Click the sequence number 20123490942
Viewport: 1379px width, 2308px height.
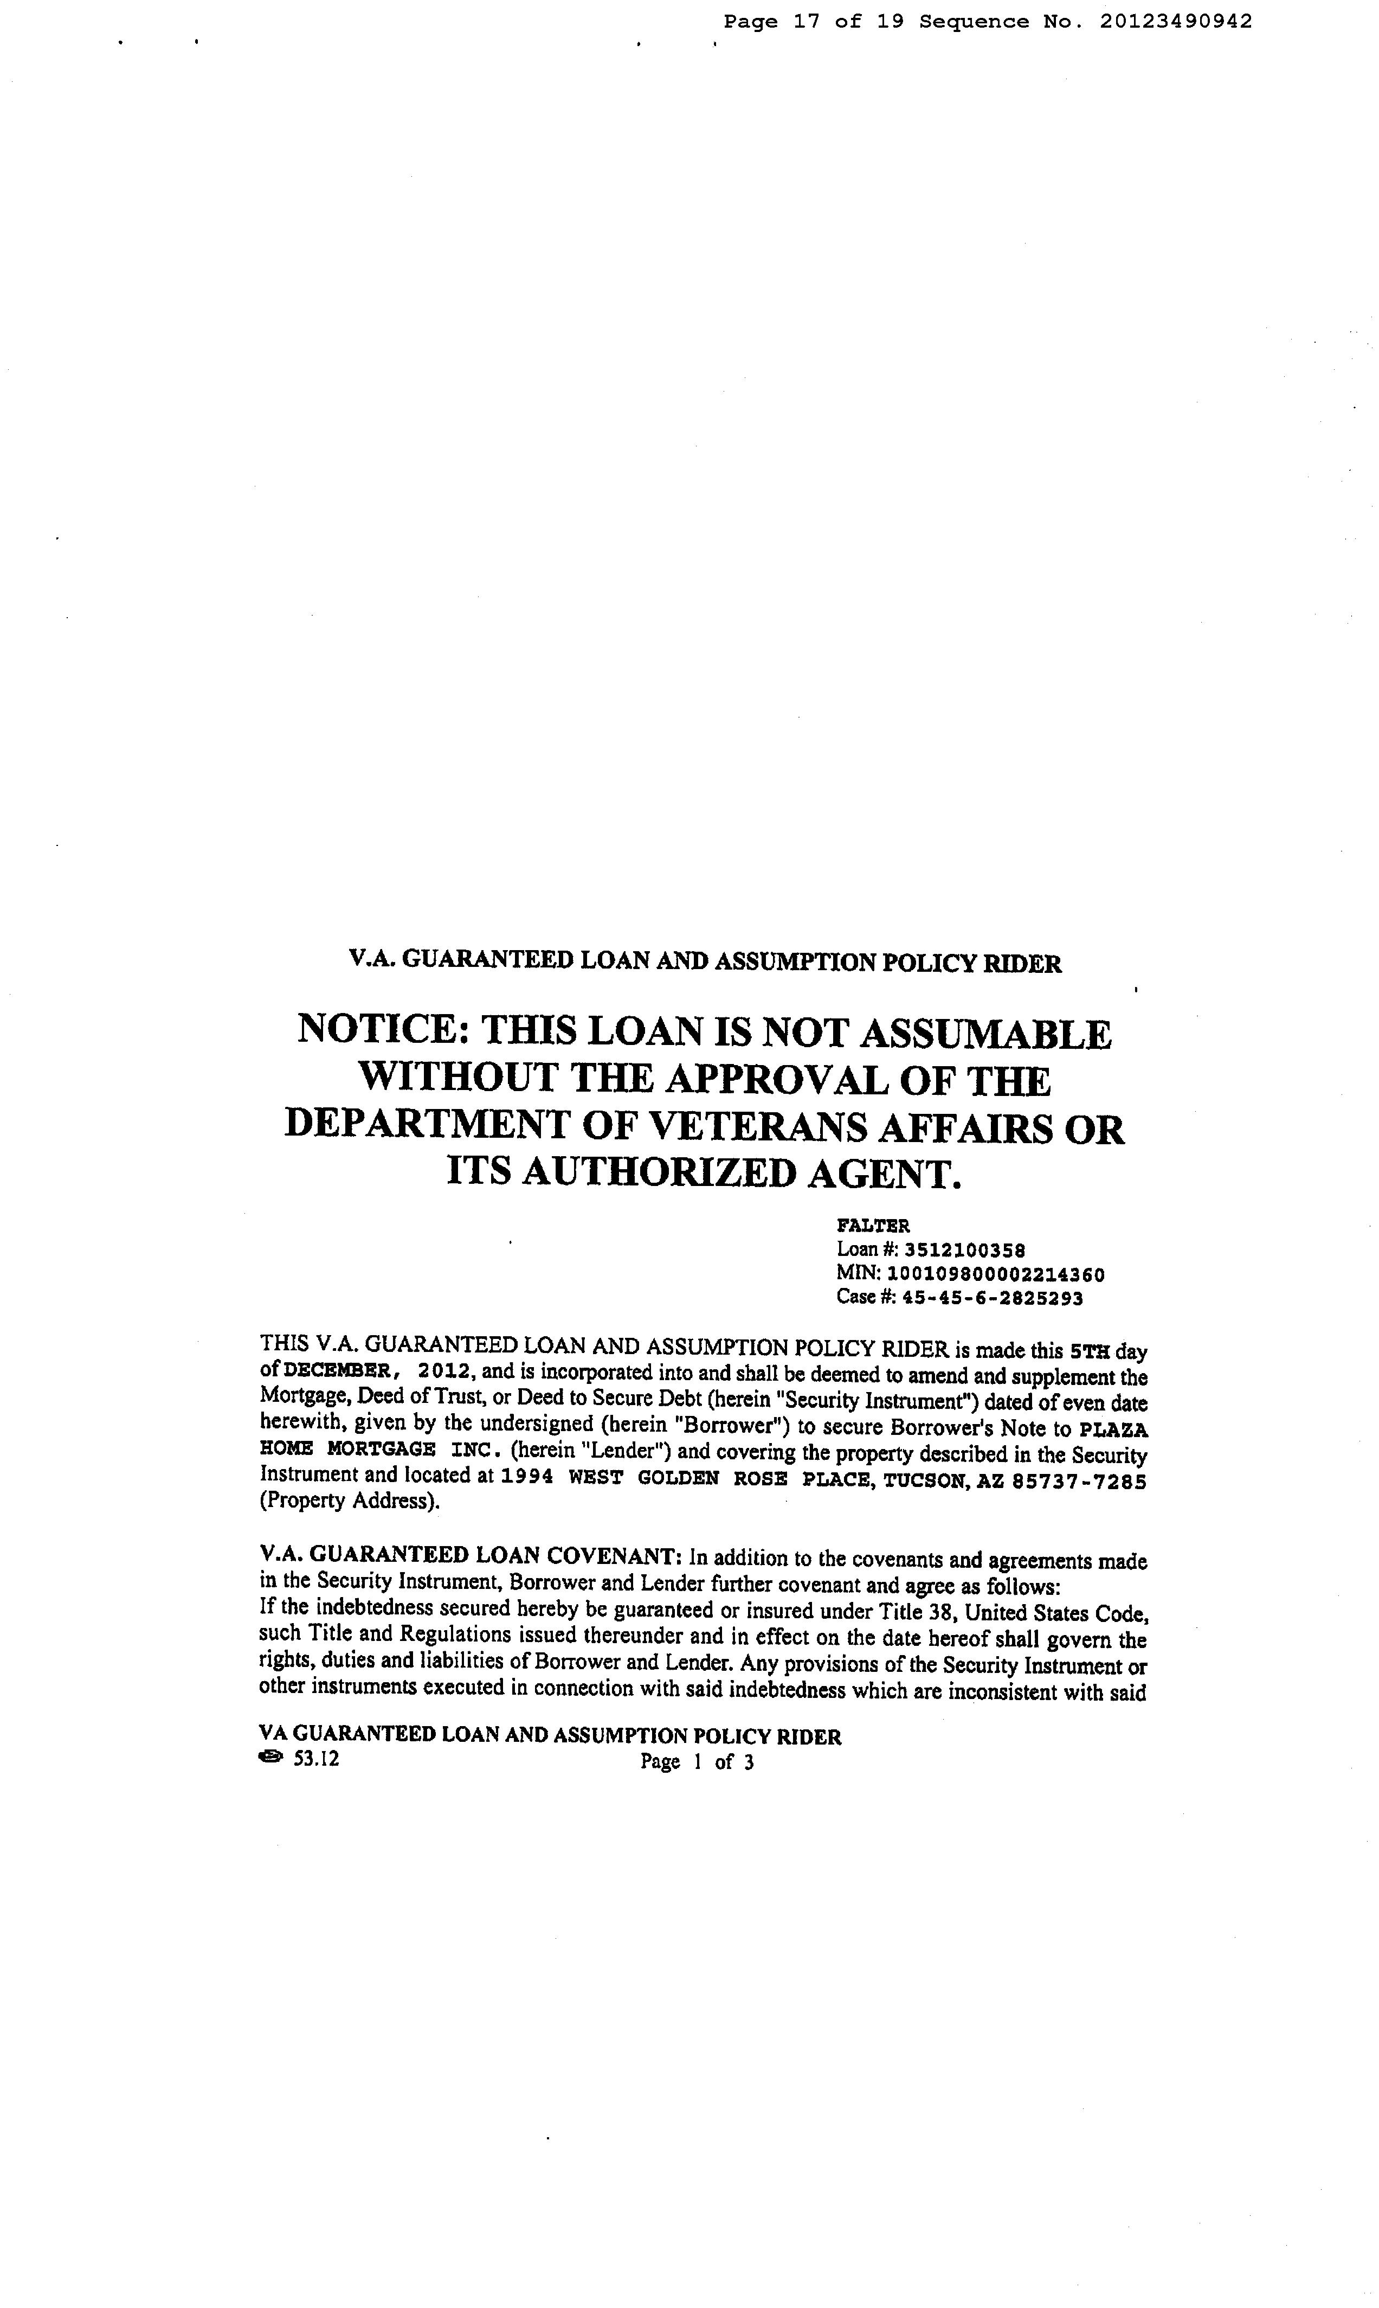[1176, 21]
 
